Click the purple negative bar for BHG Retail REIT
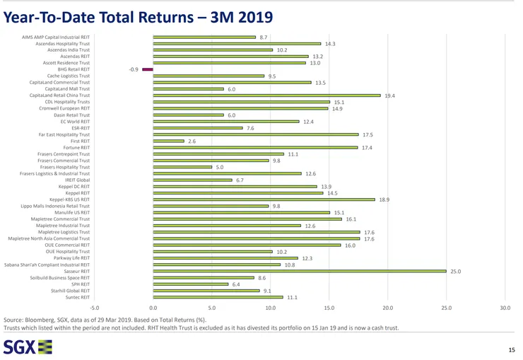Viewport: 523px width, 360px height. click(x=148, y=69)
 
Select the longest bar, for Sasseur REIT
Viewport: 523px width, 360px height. click(x=300, y=271)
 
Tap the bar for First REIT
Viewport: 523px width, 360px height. click(x=168, y=141)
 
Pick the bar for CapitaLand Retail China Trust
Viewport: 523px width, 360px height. click(x=266, y=95)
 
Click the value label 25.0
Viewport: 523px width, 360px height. click(x=455, y=271)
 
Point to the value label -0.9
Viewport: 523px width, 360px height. click(x=134, y=69)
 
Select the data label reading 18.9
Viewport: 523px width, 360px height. click(x=384, y=200)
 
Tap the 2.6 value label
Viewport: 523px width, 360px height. click(x=192, y=141)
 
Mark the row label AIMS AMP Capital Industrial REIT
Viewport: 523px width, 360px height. click(x=57, y=37)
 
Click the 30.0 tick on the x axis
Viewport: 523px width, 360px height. click(x=505, y=308)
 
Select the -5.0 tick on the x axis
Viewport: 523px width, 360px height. click(x=95, y=308)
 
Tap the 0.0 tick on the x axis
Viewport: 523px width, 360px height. click(x=153, y=308)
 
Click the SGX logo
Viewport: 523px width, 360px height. click(x=28, y=347)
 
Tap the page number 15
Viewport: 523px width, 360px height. click(x=512, y=350)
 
